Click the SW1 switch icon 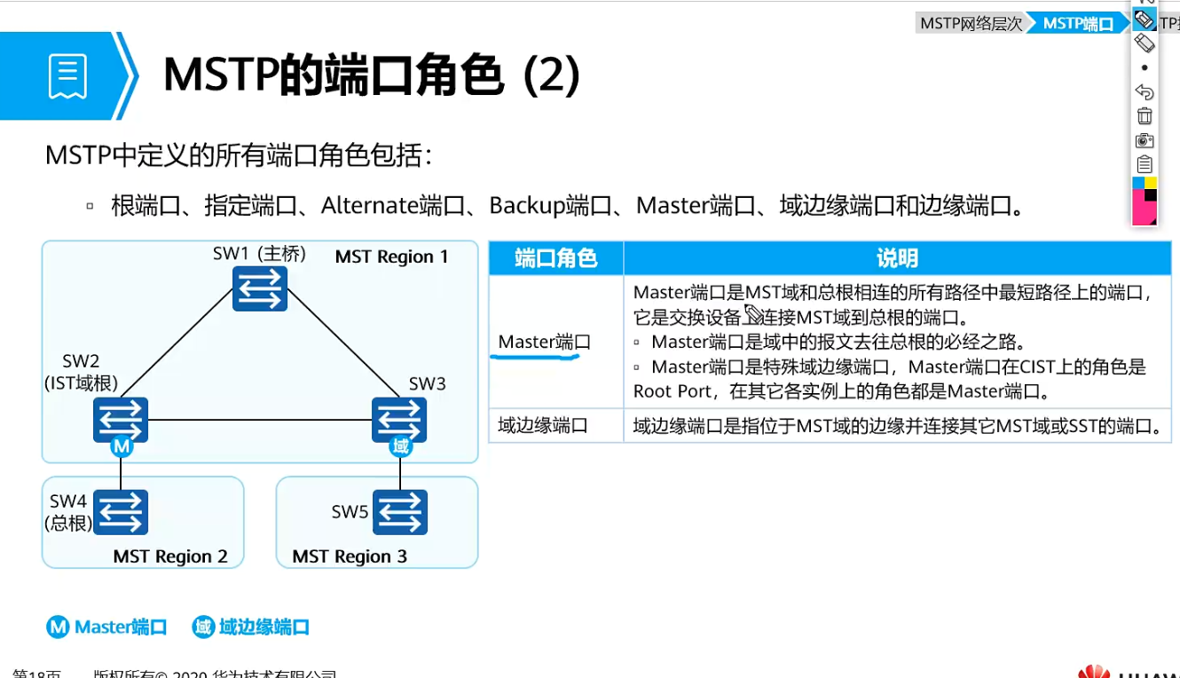pyautogui.click(x=260, y=288)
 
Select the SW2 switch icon pyautogui.click(x=121, y=419)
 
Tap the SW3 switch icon pyautogui.click(x=399, y=419)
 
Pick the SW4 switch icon pyautogui.click(x=121, y=512)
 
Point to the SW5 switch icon pyautogui.click(x=400, y=512)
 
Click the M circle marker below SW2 pyautogui.click(x=122, y=447)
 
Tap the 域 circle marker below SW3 pyautogui.click(x=401, y=447)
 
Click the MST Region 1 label pyautogui.click(x=391, y=257)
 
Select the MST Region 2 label pyautogui.click(x=170, y=556)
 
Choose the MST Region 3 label pyautogui.click(x=350, y=556)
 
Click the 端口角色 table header pyautogui.click(x=556, y=258)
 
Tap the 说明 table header pyautogui.click(x=897, y=258)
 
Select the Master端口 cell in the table pyautogui.click(x=544, y=343)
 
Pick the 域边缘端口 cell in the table pyautogui.click(x=543, y=426)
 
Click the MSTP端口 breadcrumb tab pyautogui.click(x=1078, y=24)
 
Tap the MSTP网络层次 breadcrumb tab pyautogui.click(x=972, y=24)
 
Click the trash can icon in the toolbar pyautogui.click(x=1145, y=116)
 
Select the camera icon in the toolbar pyautogui.click(x=1145, y=140)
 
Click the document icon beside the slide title pyautogui.click(x=68, y=76)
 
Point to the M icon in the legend pyautogui.click(x=58, y=627)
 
